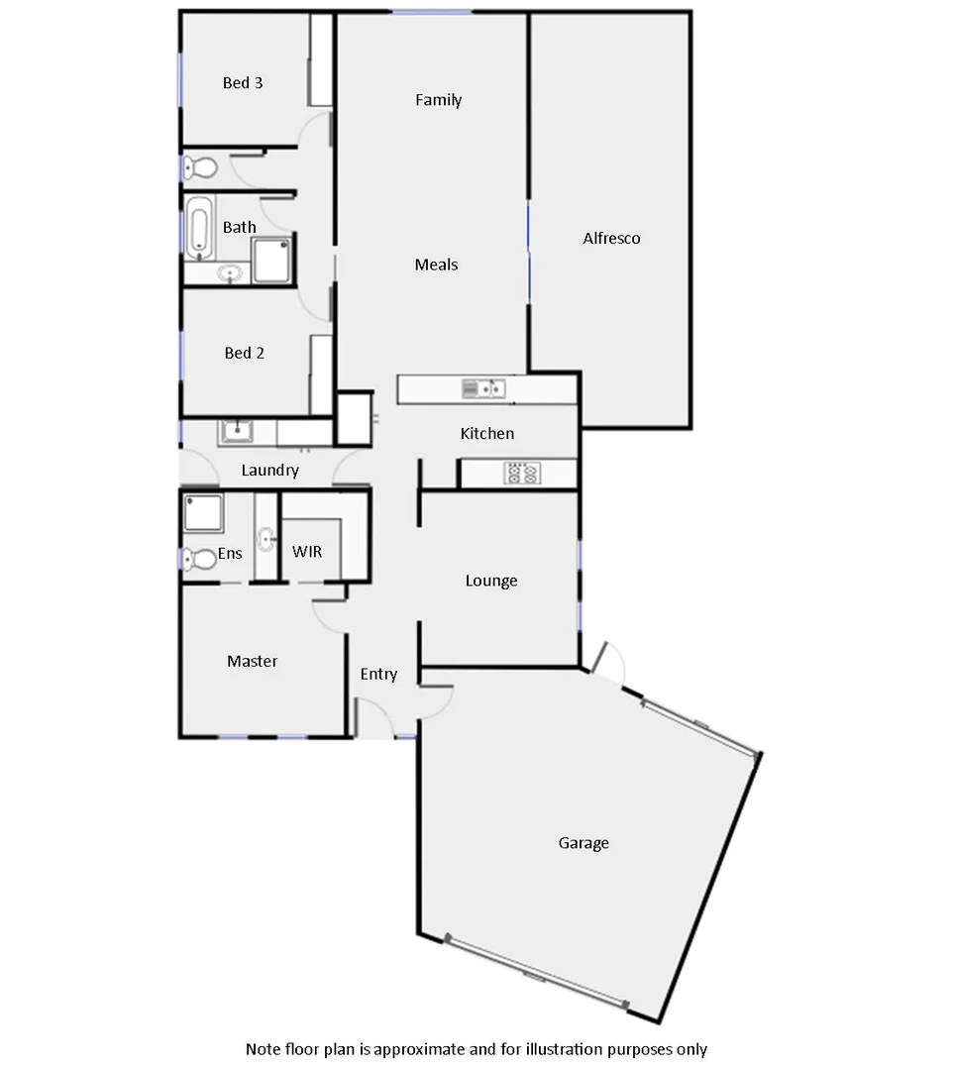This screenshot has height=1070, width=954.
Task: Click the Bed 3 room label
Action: tap(243, 83)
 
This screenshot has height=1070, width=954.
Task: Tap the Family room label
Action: tap(438, 100)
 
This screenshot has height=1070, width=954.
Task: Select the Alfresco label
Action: tap(611, 239)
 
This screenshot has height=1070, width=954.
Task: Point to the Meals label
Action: tap(436, 265)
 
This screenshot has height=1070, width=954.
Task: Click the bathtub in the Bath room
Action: tap(198, 226)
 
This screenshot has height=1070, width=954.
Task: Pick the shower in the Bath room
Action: tap(272, 260)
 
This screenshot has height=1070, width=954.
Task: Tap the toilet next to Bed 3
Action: tap(200, 167)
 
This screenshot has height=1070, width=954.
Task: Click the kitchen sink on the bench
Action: tap(483, 388)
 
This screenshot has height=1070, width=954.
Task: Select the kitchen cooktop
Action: tap(522, 474)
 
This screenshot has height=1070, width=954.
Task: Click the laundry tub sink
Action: tap(237, 431)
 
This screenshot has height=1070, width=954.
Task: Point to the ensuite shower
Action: tap(204, 514)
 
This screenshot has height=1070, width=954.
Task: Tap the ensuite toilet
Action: tap(200, 560)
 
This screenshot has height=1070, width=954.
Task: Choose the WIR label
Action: tap(307, 552)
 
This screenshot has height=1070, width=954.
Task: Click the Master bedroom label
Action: tap(252, 661)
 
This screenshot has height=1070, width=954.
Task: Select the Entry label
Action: tap(378, 675)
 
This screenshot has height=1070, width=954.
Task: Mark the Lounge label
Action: tap(491, 581)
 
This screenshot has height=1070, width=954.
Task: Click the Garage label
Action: tap(583, 843)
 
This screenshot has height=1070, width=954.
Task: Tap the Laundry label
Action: tap(269, 471)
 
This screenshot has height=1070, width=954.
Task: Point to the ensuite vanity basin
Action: tap(266, 540)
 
